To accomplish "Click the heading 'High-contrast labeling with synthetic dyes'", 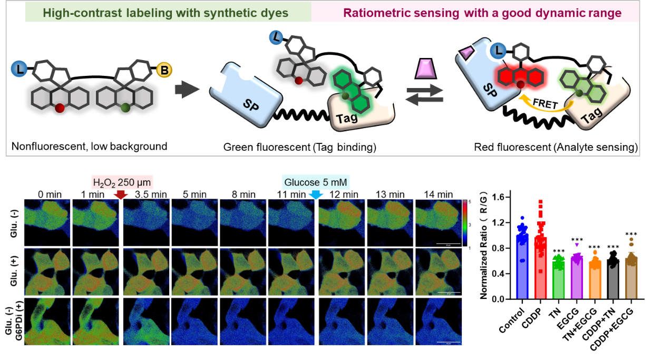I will [168, 12].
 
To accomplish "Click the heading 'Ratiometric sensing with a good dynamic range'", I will [482, 12].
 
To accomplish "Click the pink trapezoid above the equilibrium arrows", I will [424, 69].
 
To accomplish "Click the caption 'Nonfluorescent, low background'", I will [89, 146].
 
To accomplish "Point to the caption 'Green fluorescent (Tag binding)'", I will [299, 147].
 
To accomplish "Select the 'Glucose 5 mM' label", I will [316, 183].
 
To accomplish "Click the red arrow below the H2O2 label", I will [121, 195].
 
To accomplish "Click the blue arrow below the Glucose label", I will [316, 195].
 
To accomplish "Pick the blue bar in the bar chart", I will [522, 264].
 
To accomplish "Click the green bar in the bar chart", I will [559, 277].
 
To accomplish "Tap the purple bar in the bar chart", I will [577, 276].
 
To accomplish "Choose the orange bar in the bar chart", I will [595, 277].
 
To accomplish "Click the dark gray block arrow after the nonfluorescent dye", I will [187, 90].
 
